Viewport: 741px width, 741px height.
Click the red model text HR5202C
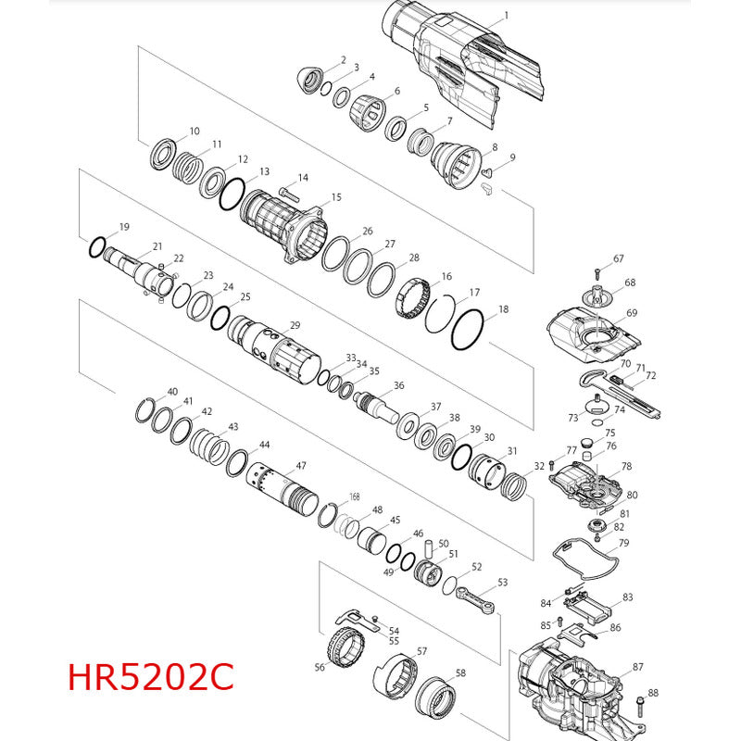tap(151, 677)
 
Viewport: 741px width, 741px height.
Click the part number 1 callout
tap(507, 16)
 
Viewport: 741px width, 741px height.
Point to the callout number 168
tap(355, 496)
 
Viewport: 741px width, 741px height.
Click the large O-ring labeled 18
tap(468, 330)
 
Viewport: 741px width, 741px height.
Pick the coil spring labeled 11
tap(188, 168)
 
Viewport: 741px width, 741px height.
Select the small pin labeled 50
tap(430, 549)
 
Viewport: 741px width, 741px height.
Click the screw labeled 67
tap(597, 273)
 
